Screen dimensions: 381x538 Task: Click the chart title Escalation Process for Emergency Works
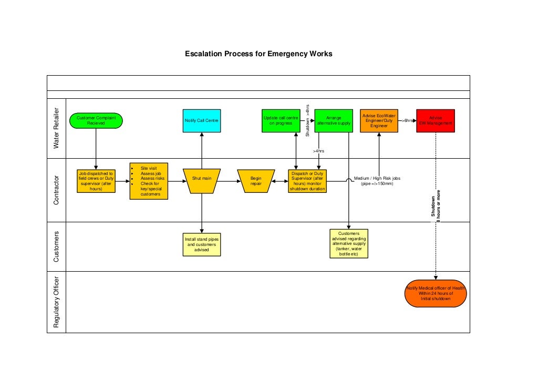pos(258,54)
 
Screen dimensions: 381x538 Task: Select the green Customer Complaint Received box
pos(96,121)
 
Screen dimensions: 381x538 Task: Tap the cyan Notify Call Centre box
pos(202,121)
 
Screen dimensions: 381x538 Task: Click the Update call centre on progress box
pos(281,121)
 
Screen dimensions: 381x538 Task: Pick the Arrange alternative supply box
pos(334,121)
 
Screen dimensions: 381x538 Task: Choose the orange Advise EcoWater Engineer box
pos(379,121)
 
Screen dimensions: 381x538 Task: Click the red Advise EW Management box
pos(435,121)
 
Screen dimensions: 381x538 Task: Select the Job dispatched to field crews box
pos(96,181)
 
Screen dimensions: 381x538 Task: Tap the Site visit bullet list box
pos(149,181)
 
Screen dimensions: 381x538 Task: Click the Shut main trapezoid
pos(202,181)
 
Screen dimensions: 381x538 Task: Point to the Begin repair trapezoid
pos(256,181)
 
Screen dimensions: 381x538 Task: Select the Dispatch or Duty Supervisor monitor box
pos(307,181)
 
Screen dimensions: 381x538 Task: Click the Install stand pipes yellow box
pos(202,244)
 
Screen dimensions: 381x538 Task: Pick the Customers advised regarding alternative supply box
pos(349,243)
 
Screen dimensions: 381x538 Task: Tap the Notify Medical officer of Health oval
pos(436,293)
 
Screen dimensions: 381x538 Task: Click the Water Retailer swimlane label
pos(57,128)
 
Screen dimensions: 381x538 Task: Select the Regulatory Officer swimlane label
pos(57,302)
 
